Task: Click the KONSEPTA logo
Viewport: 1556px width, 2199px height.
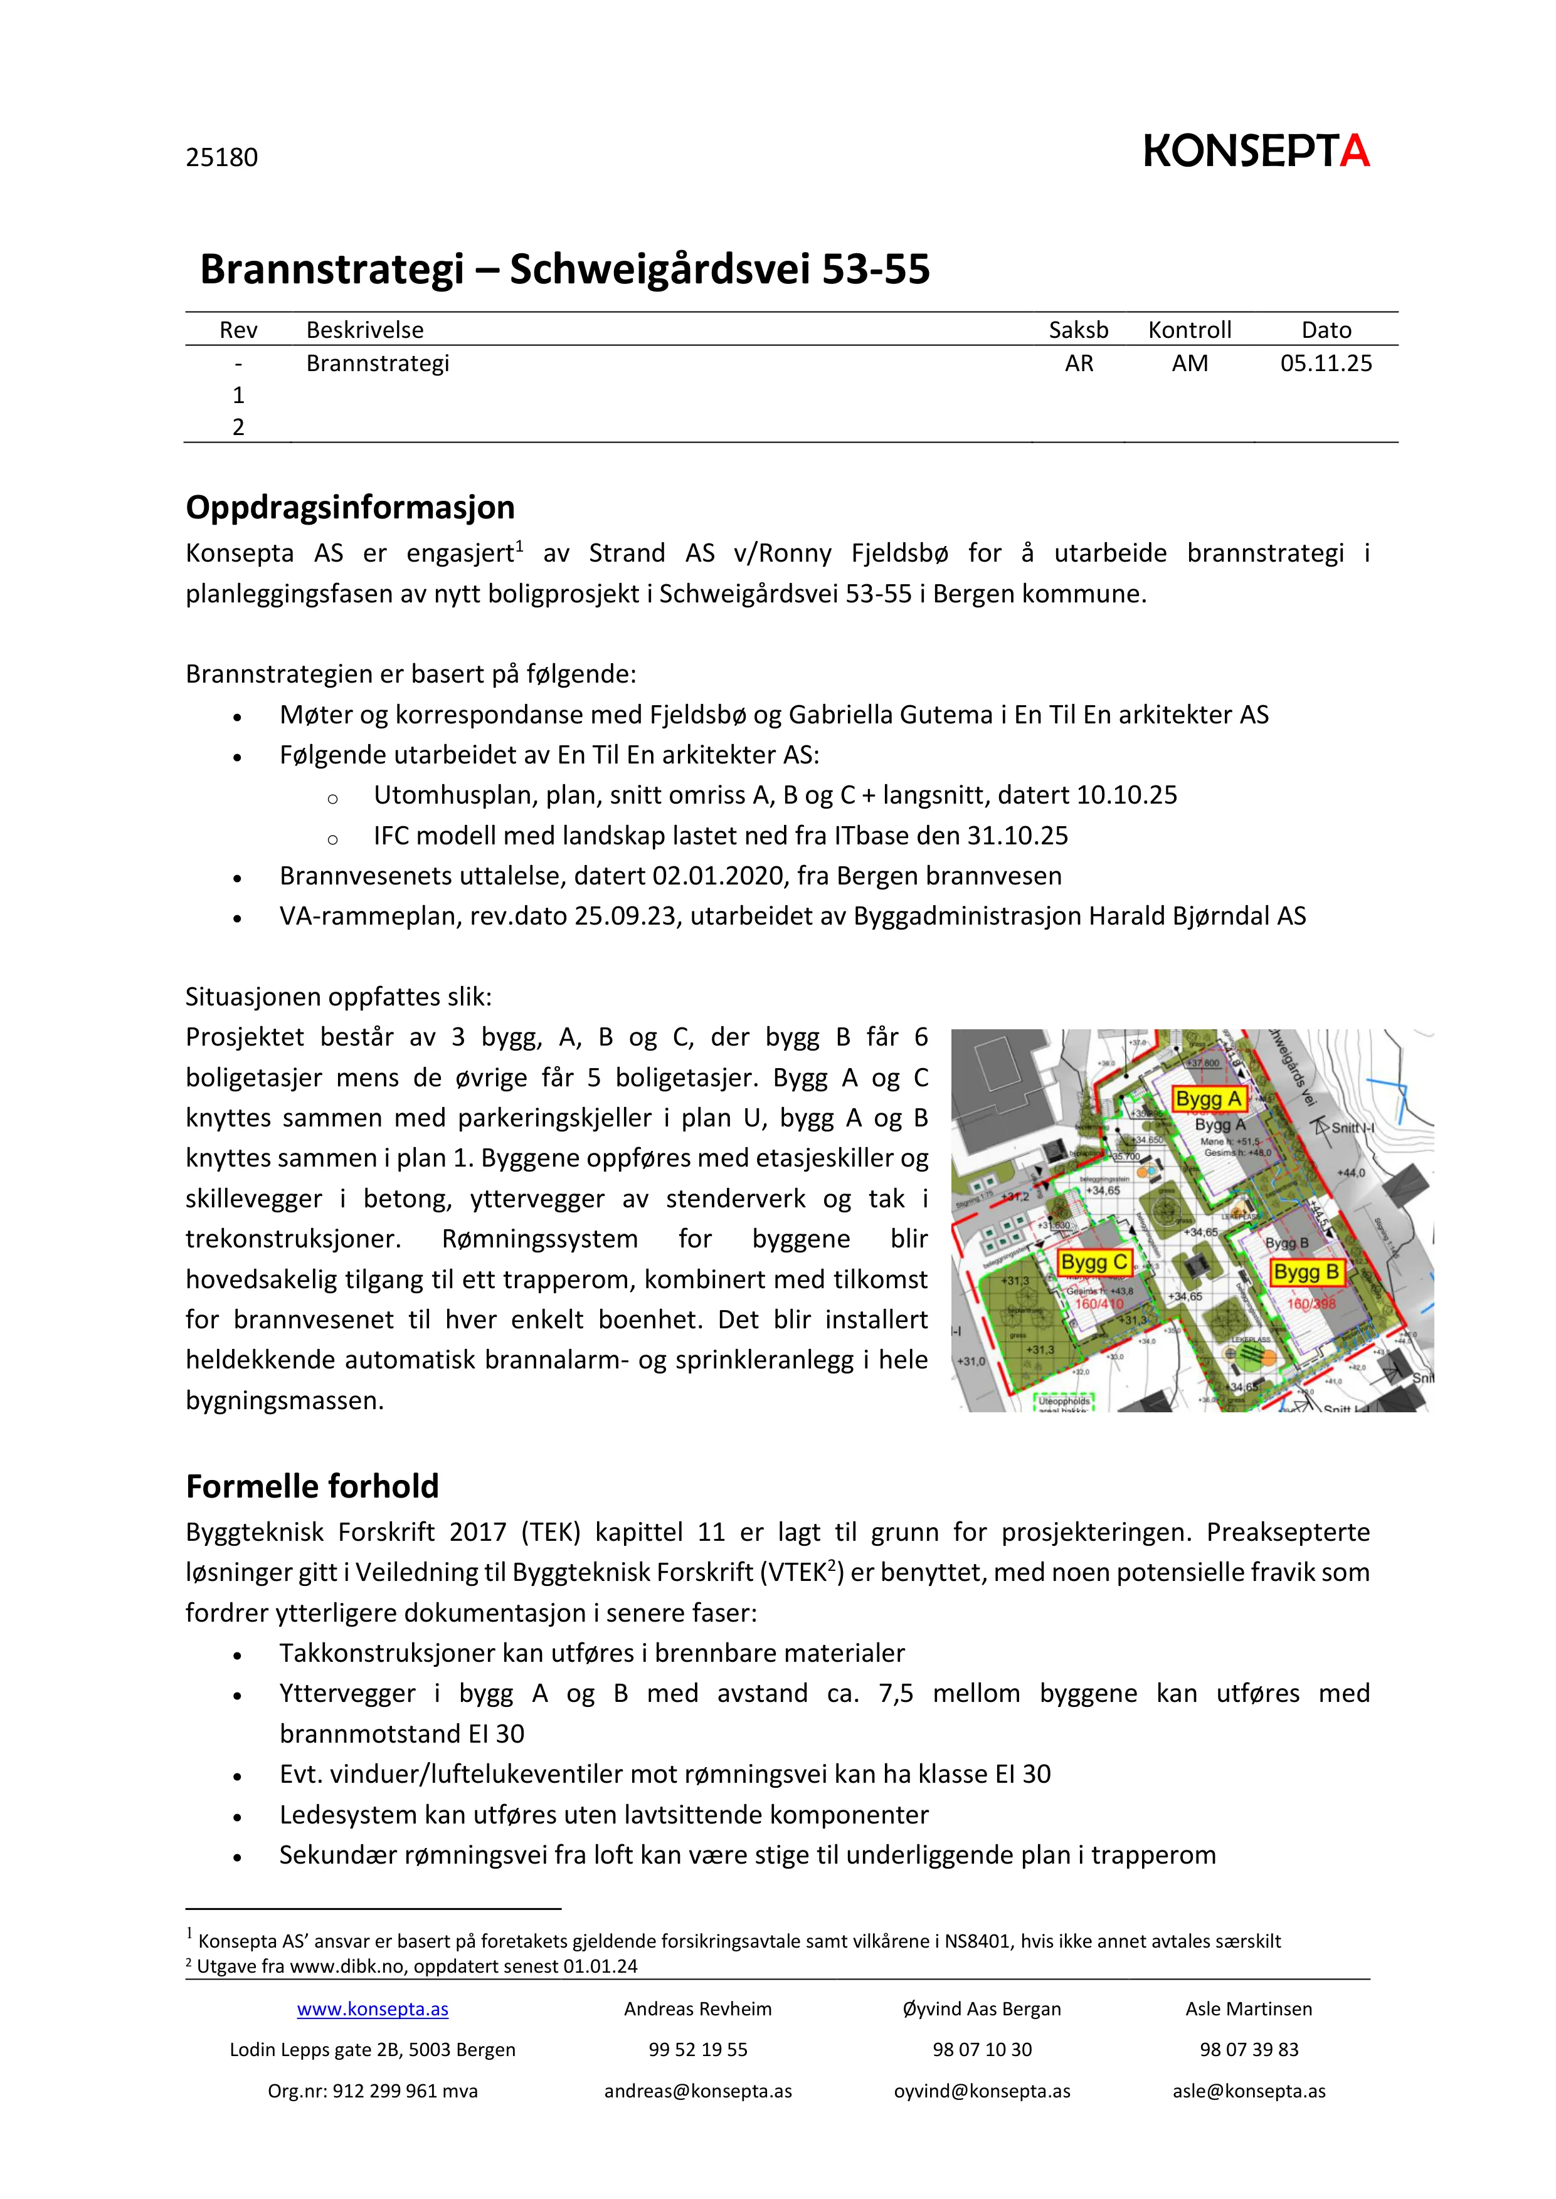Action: [1256, 151]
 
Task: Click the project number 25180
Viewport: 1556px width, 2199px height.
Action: [221, 157]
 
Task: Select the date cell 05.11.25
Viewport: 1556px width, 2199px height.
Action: [1325, 363]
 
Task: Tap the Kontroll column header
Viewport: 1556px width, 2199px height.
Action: [1189, 330]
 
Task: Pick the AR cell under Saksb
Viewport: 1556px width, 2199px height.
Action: [1078, 363]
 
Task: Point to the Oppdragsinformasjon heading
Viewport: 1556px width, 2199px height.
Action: [350, 506]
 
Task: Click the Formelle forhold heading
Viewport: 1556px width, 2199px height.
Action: [312, 1486]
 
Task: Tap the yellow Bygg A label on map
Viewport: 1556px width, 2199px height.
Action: [1208, 1098]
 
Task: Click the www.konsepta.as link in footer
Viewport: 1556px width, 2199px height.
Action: [372, 2008]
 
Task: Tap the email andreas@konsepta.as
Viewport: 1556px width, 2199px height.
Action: [697, 2091]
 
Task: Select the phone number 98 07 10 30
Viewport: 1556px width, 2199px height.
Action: [982, 2050]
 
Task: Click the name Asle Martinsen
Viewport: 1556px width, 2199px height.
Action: [1249, 2008]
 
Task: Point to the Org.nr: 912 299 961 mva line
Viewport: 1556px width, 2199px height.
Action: [372, 2091]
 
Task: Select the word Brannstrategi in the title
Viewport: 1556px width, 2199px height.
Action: [332, 269]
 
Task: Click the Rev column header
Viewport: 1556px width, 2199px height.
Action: [238, 330]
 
